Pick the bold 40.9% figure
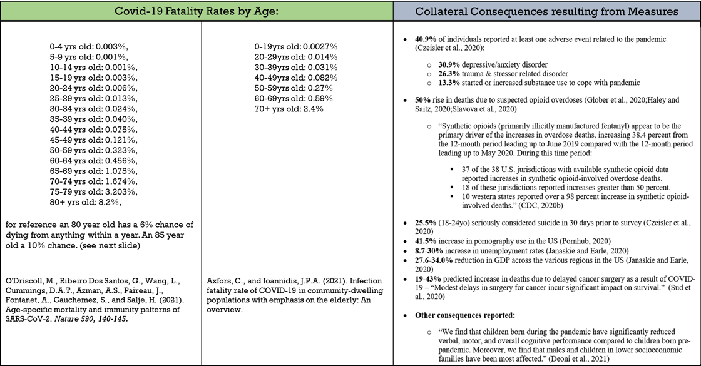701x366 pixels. click(x=428, y=39)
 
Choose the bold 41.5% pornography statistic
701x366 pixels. click(x=427, y=242)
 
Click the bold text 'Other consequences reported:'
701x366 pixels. click(x=462, y=315)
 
